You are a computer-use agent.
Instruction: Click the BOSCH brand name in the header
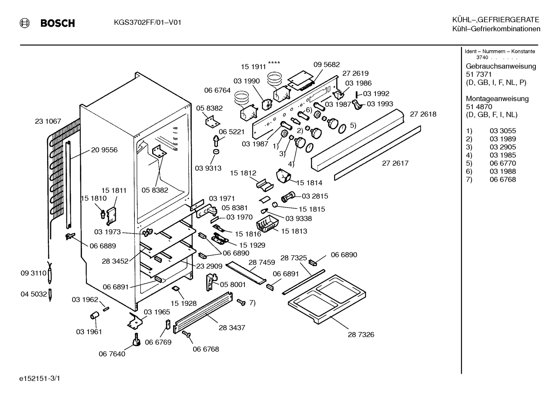(x=58, y=23)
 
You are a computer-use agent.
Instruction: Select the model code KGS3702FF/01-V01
(x=148, y=22)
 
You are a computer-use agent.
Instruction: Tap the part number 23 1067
(x=48, y=121)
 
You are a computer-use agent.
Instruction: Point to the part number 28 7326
(x=361, y=334)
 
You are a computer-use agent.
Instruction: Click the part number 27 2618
(x=423, y=114)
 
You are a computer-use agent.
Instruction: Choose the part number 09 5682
(x=326, y=65)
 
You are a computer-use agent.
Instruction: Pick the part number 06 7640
(x=112, y=354)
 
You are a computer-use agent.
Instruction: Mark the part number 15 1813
(x=294, y=231)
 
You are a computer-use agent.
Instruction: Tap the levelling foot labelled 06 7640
(x=136, y=339)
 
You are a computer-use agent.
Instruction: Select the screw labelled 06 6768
(x=186, y=334)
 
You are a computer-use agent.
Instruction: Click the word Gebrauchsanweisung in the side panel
(x=501, y=66)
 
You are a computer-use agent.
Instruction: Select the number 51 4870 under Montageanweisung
(x=479, y=107)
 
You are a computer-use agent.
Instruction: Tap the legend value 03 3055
(x=503, y=131)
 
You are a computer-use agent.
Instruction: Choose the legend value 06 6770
(x=503, y=163)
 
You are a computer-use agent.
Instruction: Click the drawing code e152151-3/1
(x=39, y=379)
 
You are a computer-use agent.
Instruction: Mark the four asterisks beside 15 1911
(x=274, y=63)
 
